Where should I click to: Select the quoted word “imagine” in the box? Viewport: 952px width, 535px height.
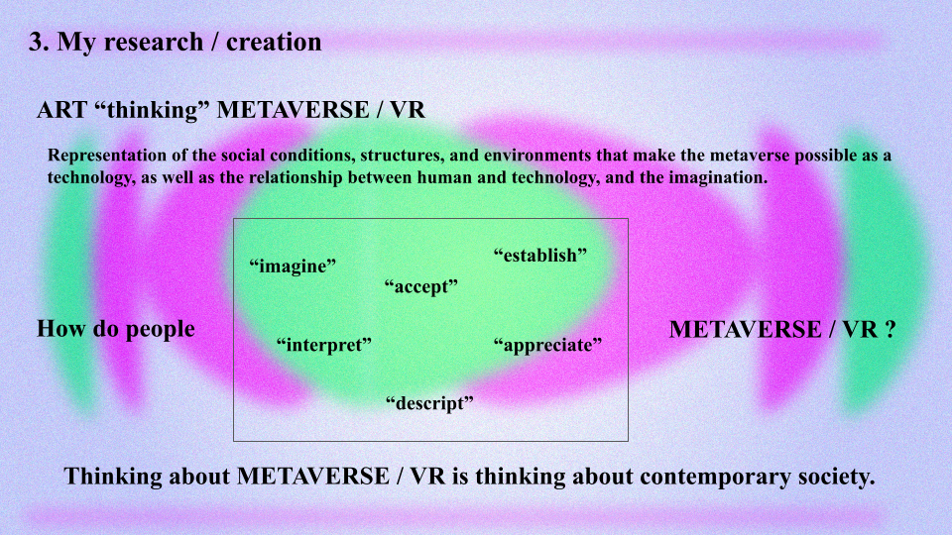tap(293, 266)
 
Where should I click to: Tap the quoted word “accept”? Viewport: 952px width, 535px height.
tap(420, 286)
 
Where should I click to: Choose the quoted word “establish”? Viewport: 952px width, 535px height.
tap(540, 256)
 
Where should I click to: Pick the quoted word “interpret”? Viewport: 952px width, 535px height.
tap(324, 345)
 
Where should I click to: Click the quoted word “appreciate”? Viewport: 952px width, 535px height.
tap(547, 345)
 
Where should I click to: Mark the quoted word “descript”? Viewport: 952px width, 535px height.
tap(429, 403)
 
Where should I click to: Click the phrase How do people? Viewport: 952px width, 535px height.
tap(116, 329)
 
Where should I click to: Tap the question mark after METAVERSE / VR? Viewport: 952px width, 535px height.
tap(891, 329)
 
